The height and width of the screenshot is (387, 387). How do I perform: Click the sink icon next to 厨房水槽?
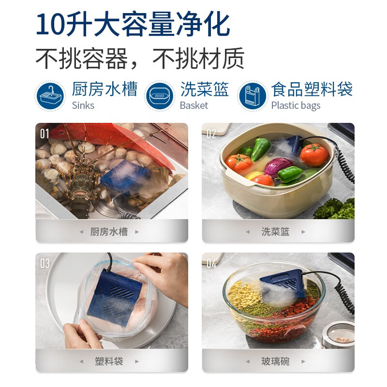click(50, 96)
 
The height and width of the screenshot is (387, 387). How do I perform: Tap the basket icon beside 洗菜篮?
click(159, 96)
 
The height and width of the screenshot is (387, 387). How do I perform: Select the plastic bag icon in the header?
click(252, 96)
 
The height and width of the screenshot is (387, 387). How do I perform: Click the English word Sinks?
click(83, 105)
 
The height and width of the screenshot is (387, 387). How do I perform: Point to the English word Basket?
click(193, 105)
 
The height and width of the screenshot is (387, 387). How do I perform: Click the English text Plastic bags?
click(296, 105)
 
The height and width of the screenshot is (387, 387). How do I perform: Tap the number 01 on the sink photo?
click(45, 134)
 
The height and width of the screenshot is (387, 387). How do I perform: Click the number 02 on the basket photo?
click(211, 134)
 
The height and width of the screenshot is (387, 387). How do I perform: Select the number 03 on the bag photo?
click(45, 263)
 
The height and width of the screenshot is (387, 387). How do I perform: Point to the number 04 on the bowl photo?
click(211, 263)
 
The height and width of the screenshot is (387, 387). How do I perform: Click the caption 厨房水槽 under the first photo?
click(109, 231)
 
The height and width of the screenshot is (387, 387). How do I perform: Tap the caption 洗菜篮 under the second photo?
click(275, 231)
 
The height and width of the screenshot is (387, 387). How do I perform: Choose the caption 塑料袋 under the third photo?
click(109, 361)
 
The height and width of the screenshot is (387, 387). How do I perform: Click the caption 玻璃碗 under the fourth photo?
click(275, 361)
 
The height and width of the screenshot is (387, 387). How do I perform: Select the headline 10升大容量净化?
click(133, 24)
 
